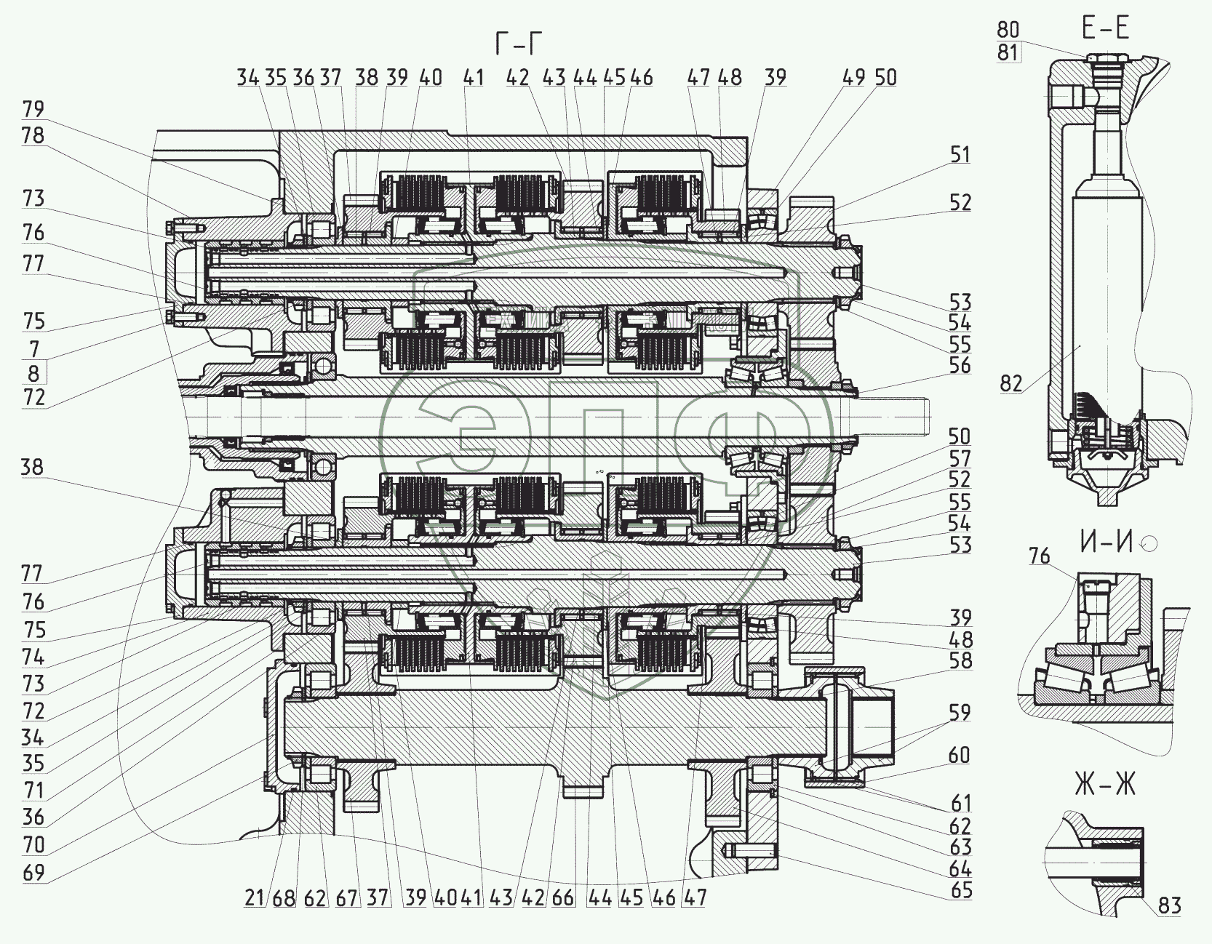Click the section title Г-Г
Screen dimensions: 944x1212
point(518,44)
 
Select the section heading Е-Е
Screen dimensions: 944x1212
point(1105,28)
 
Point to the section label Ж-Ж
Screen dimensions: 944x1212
point(1104,785)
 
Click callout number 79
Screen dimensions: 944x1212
point(33,109)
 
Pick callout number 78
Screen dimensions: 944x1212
point(33,135)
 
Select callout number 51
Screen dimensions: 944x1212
point(960,154)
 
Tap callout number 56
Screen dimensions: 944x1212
point(960,366)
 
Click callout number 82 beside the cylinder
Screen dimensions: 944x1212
point(1011,383)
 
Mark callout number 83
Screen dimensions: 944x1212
point(1170,905)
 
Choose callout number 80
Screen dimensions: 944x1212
point(1008,29)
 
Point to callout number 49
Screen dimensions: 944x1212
point(856,77)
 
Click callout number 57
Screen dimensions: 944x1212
point(960,458)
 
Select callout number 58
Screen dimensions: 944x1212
point(960,660)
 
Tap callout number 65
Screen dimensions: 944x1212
point(960,890)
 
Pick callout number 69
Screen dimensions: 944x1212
point(33,872)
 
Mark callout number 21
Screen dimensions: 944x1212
point(254,897)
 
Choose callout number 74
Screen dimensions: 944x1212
point(33,657)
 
